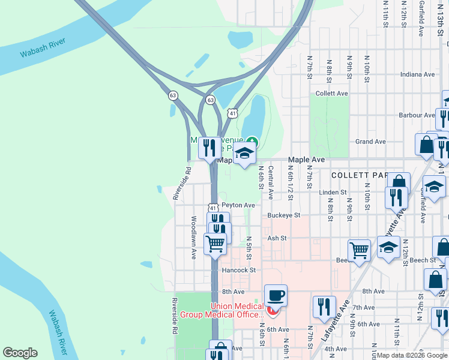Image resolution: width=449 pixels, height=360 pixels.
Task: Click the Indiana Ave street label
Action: pyautogui.click(x=418, y=74)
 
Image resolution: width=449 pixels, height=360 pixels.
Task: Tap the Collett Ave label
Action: pyautogui.click(x=332, y=94)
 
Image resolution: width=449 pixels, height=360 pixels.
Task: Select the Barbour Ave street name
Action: pyautogui.click(x=417, y=115)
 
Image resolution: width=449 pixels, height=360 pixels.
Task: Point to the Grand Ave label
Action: pyautogui.click(x=370, y=142)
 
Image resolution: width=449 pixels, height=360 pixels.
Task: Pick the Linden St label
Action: pyautogui.click(x=333, y=193)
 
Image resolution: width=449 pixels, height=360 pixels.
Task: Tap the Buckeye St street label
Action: pyautogui.click(x=284, y=215)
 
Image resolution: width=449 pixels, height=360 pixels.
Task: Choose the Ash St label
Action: pyautogui.click(x=277, y=238)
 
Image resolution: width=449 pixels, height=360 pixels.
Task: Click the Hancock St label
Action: pyautogui.click(x=239, y=271)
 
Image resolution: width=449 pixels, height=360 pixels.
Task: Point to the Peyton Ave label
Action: pyautogui.click(x=238, y=205)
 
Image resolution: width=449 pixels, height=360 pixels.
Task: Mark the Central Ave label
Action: pyautogui.click(x=271, y=183)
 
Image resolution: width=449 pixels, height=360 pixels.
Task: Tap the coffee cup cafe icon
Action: pyautogui.click(x=276, y=295)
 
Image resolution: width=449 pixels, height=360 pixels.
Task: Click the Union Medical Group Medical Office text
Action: pyautogui.click(x=237, y=310)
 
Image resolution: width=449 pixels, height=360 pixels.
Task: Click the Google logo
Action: pyautogui.click(x=20, y=353)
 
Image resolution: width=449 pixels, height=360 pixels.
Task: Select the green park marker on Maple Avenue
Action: pyautogui.click(x=252, y=142)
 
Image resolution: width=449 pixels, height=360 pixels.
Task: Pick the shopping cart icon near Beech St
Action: pyautogui.click(x=359, y=249)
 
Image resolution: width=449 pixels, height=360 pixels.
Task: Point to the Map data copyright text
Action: pyautogui.click(x=412, y=355)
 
